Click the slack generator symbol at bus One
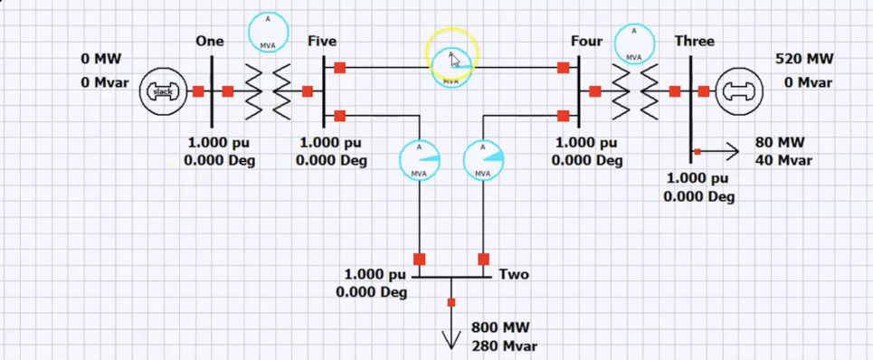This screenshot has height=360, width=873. point(163,91)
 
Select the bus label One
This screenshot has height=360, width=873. point(209,42)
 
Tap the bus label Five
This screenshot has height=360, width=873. point(322,42)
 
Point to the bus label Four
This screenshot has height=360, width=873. point(586,42)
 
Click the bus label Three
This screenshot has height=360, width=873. point(694,42)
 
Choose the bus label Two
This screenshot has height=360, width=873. point(514,275)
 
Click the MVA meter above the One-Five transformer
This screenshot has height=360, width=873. point(269,33)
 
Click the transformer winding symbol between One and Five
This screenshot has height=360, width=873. point(269,90)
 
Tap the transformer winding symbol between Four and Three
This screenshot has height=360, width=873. point(635,90)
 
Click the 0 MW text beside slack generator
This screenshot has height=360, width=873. point(100,60)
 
